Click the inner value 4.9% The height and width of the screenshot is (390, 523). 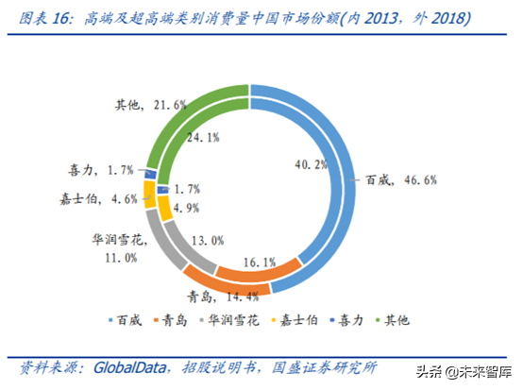click(182, 208)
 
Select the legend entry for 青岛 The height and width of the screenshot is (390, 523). click(179, 320)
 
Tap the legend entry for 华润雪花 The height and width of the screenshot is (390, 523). click(236, 320)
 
